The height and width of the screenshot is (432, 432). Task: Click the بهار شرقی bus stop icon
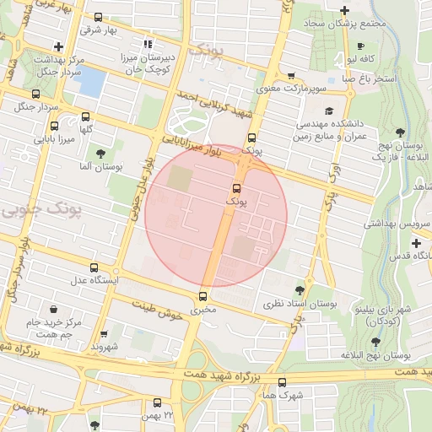[98, 17]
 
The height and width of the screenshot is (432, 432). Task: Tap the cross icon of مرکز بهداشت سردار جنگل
[57, 46]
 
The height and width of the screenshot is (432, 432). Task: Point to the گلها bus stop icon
[85, 116]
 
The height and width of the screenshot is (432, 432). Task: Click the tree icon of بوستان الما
[101, 154]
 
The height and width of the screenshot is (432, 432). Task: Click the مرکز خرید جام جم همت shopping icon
[53, 309]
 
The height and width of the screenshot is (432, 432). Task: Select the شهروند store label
[109, 346]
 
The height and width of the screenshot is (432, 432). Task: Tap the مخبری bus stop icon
[202, 296]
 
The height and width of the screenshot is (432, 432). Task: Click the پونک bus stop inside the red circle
[236, 188]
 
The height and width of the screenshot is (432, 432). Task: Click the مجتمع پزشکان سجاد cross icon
[343, 10]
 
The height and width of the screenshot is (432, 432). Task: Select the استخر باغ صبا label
[370, 78]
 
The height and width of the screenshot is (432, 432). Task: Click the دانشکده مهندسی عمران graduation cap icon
[328, 111]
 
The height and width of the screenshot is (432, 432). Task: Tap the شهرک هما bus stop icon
[282, 381]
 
